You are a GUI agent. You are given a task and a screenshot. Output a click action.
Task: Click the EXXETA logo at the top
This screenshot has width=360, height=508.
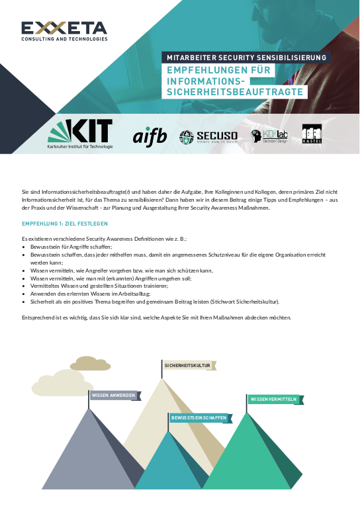pos(64,30)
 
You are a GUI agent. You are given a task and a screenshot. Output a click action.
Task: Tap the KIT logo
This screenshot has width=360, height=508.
pos(81,135)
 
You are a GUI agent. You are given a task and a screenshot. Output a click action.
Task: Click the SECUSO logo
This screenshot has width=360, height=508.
pos(208,137)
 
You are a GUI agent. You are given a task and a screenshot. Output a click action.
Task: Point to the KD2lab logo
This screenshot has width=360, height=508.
pos(269,136)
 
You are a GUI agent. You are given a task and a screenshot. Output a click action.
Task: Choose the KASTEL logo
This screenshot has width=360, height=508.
pos(312,135)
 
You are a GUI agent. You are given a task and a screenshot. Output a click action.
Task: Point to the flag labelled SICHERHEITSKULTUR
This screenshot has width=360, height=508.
pos(187,365)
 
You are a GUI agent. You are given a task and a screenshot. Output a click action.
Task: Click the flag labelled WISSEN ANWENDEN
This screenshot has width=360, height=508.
pos(114,396)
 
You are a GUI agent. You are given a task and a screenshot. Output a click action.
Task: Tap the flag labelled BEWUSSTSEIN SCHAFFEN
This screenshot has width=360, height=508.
pos(199,418)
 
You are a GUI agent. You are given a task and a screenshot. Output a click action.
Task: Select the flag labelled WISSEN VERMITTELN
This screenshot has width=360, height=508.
pos(277,400)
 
